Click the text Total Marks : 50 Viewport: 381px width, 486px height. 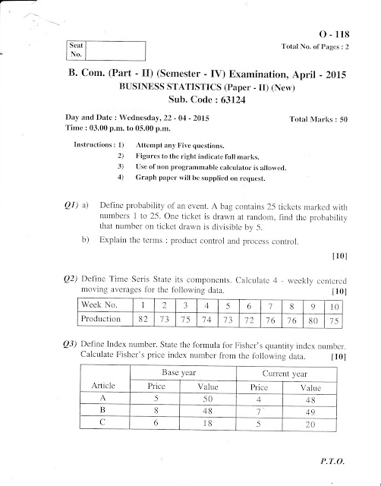click(319, 120)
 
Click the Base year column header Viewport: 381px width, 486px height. click(174, 374)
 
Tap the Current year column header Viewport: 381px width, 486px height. click(283, 374)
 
